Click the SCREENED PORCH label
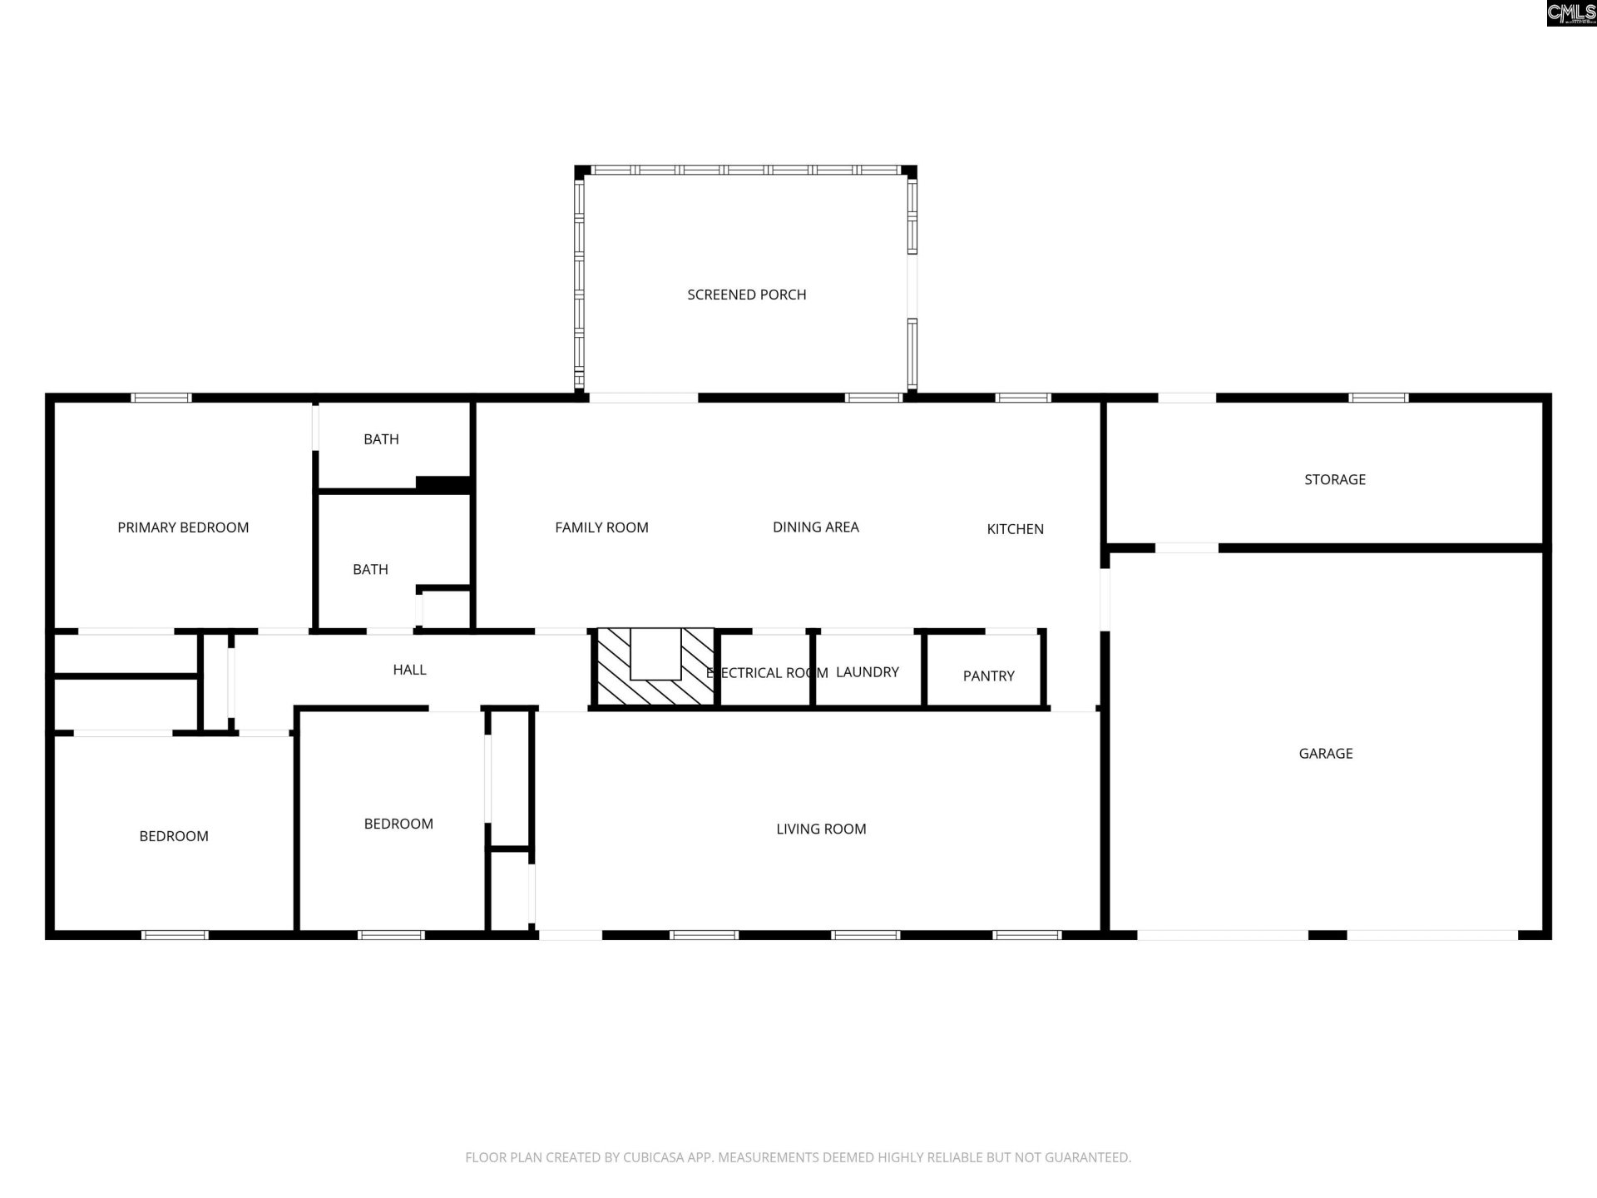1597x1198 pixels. point(746,295)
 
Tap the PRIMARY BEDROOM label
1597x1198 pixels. point(183,527)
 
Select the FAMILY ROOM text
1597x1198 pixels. point(601,527)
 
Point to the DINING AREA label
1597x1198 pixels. point(815,527)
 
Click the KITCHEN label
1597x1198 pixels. point(1015,529)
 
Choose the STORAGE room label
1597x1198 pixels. point(1334,479)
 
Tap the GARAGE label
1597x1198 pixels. point(1325,754)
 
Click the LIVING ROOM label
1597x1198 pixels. point(821,829)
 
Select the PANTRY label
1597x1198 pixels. point(988,676)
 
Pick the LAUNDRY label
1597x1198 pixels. point(867,672)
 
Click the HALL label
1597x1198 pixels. point(409,670)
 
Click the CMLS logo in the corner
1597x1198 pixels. point(1571,12)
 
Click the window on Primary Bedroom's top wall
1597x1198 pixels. point(162,398)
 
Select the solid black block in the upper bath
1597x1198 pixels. point(443,483)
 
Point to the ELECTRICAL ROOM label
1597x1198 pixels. point(767,673)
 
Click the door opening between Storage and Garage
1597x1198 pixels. point(1186,547)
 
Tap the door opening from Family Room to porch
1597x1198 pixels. point(643,398)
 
